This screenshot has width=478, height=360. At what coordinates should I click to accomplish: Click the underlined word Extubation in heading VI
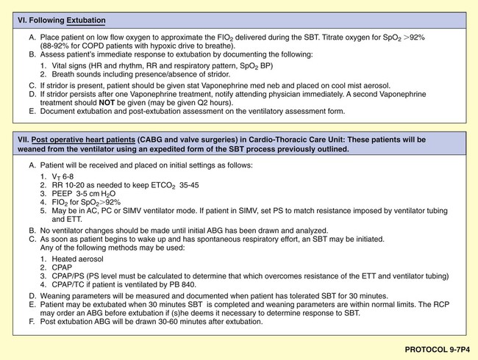tap(83, 21)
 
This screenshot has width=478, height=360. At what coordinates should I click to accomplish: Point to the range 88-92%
tap(63, 44)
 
